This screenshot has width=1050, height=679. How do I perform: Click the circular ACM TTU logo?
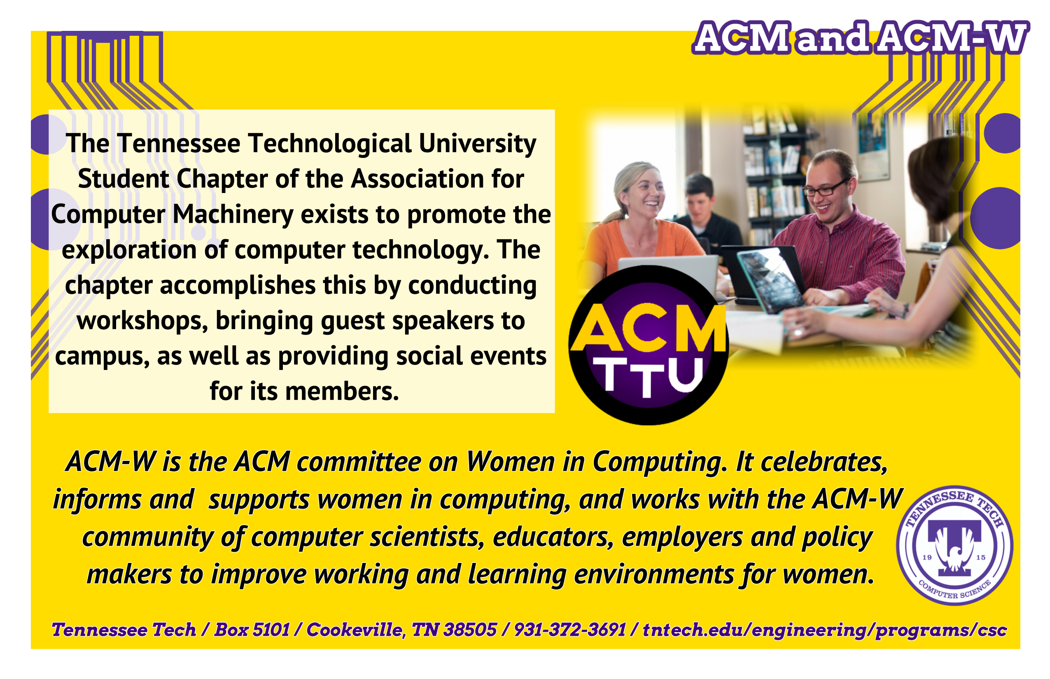tap(648, 345)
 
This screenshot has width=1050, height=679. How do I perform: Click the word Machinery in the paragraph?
tap(233, 215)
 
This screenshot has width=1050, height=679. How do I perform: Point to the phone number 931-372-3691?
tap(570, 630)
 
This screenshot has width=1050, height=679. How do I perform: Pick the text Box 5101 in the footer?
tap(252, 630)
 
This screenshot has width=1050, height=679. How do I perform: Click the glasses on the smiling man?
tap(824, 188)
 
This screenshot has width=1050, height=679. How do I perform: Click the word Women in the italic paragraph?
tap(511, 462)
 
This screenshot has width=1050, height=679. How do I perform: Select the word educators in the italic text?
tap(553, 537)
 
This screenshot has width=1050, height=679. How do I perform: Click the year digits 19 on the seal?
tap(927, 557)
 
